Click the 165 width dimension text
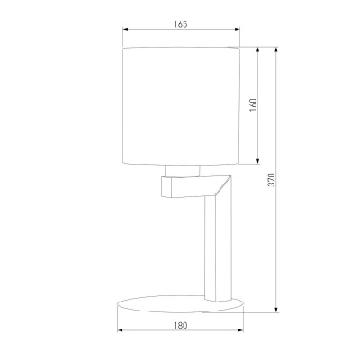(x=179, y=24)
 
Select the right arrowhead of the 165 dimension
(x=238, y=33)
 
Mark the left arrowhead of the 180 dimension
(x=119, y=334)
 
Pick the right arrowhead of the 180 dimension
(x=242, y=334)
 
